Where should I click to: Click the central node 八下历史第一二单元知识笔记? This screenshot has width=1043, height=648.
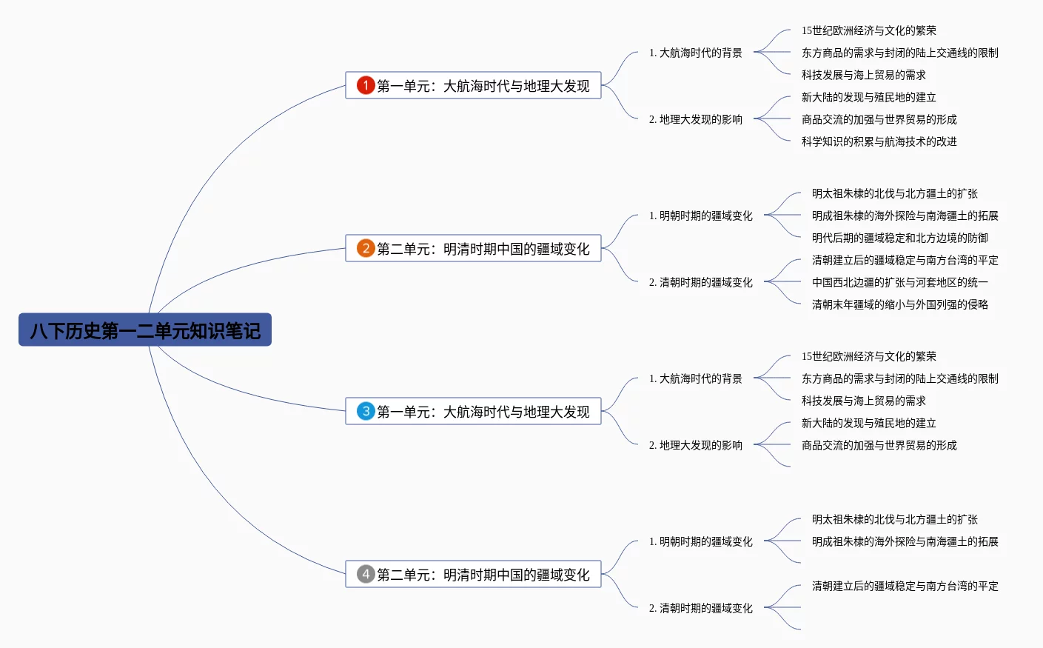(145, 330)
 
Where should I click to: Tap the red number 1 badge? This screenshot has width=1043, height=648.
(366, 85)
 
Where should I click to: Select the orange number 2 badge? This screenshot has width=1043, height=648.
(366, 248)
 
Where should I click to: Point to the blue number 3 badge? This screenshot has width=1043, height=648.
(366, 411)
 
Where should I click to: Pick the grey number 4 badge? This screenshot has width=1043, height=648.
(366, 574)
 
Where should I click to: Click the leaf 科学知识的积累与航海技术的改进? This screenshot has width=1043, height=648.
(879, 141)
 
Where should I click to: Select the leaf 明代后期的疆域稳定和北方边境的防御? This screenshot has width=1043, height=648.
(899, 238)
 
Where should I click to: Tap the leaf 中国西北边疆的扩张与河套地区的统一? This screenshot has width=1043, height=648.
(899, 282)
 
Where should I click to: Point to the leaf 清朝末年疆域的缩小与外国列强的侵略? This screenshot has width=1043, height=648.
(899, 304)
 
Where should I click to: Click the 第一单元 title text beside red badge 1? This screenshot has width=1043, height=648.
(483, 86)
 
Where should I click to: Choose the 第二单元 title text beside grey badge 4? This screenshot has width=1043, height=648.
(483, 575)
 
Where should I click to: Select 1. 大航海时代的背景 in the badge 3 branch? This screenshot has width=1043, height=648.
(695, 378)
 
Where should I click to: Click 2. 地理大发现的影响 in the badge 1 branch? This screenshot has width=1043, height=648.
(695, 119)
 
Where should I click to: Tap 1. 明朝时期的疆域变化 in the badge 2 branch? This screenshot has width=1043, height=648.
(700, 216)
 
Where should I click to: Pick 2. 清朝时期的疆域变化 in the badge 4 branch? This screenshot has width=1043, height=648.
(700, 608)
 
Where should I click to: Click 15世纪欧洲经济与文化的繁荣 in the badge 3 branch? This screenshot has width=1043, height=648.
(868, 356)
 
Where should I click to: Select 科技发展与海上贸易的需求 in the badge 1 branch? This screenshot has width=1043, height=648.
(863, 75)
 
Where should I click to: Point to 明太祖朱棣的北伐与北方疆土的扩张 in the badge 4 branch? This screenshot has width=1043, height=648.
(894, 519)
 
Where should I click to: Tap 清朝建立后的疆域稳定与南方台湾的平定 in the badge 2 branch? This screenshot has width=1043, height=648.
(905, 260)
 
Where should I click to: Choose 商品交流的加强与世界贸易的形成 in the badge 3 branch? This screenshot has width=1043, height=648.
(879, 445)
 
